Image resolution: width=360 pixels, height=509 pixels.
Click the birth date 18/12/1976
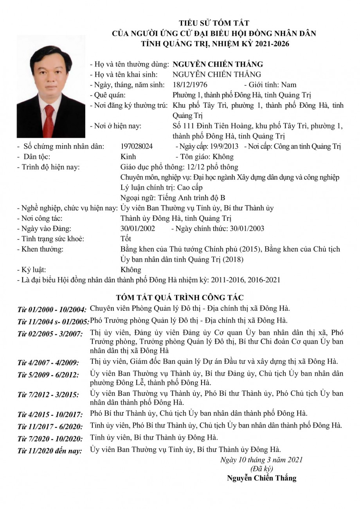(x=190, y=85)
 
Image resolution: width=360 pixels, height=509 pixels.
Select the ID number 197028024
(x=137, y=146)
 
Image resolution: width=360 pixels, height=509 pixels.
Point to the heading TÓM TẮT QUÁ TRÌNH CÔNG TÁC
(x=180, y=298)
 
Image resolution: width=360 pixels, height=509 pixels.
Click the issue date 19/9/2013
(x=223, y=146)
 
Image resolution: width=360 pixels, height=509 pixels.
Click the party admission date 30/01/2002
(x=138, y=228)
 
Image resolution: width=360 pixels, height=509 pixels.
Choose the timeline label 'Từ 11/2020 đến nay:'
(x=50, y=451)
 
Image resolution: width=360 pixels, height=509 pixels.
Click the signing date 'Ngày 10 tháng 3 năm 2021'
(x=261, y=460)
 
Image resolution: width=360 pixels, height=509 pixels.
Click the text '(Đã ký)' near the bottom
(x=261, y=468)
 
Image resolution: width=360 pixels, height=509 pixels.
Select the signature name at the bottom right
(x=261, y=478)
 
